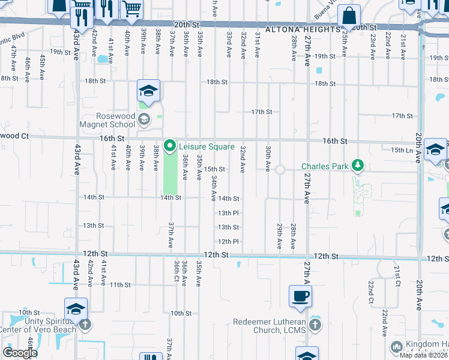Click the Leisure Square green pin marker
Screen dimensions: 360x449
(170, 146)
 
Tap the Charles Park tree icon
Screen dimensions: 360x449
(358, 165)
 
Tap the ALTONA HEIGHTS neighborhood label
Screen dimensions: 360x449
(297, 29)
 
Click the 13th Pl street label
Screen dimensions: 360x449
(228, 213)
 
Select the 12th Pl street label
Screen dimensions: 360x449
(228, 242)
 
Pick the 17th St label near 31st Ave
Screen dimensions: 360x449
(262, 112)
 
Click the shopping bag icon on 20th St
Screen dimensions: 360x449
(349, 16)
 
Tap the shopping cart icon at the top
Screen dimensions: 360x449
(131, 8)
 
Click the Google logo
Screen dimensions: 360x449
(20, 353)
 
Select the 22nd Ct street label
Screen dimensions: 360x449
(372, 292)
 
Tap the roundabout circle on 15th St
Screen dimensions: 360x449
(280, 170)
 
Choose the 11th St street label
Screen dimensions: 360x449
(120, 284)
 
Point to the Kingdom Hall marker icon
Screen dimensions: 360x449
(396, 347)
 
